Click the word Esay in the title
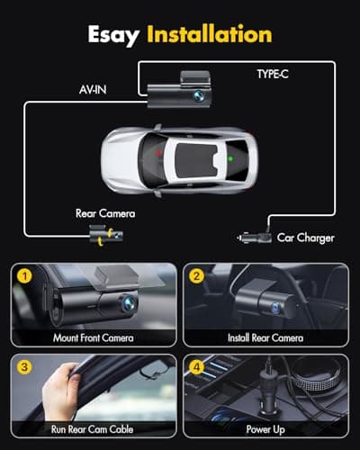(x=115, y=35)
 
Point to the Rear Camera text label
(x=104, y=213)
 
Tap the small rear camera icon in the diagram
(x=106, y=237)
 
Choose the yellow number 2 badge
(x=195, y=274)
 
